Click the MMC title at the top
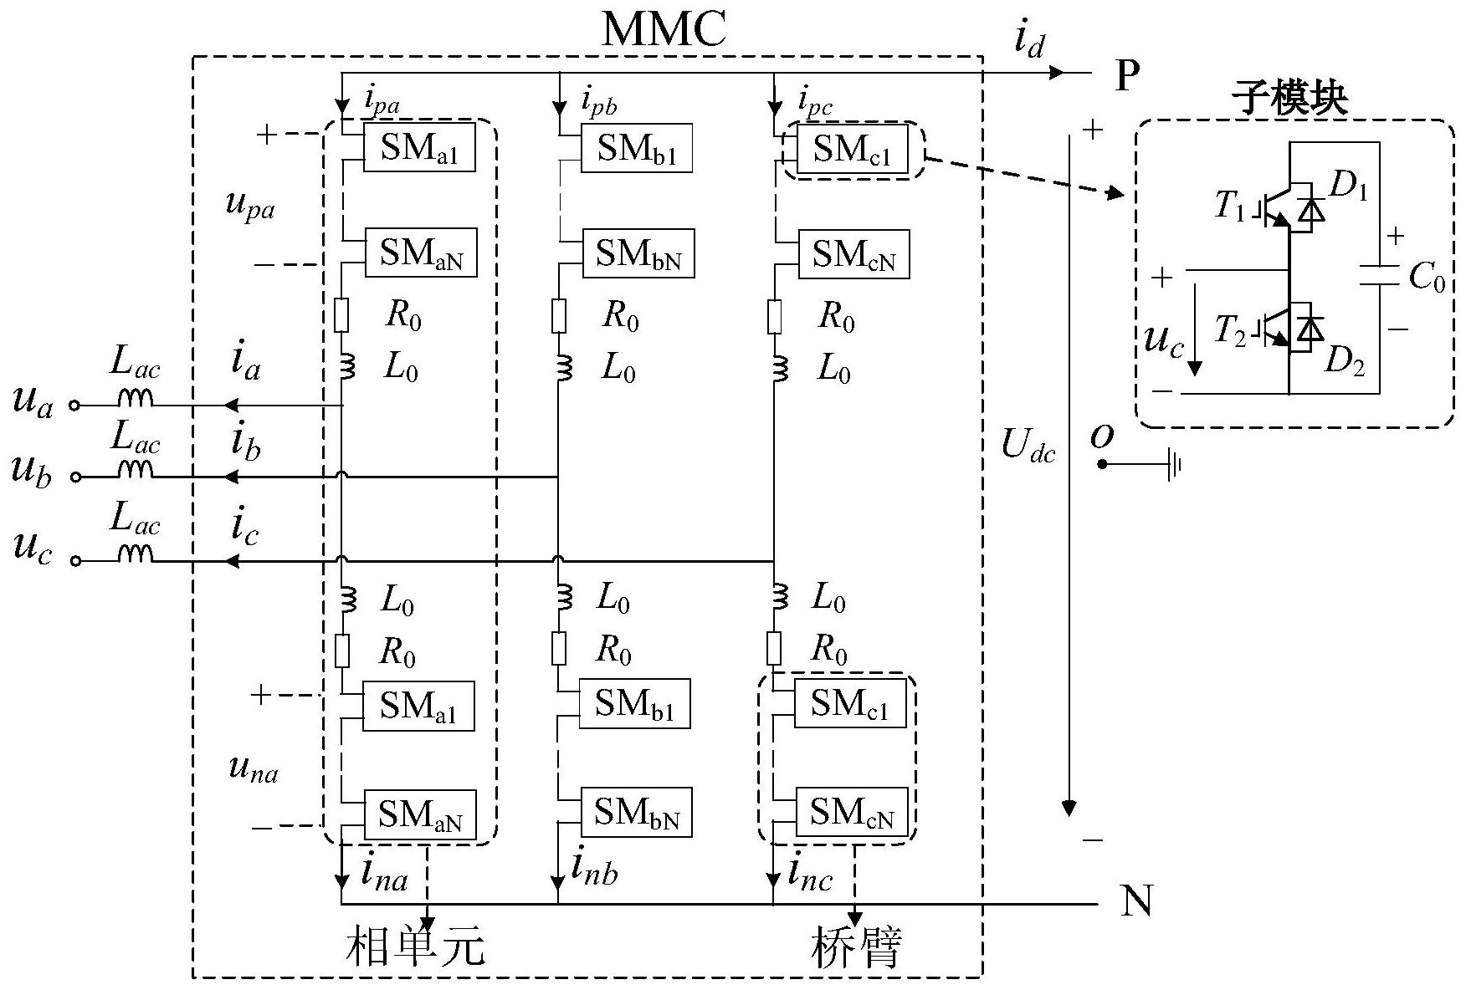point(664,30)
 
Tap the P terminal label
point(1127,76)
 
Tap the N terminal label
point(1135,902)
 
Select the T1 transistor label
point(1230,206)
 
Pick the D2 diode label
point(1344,360)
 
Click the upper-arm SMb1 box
point(637,149)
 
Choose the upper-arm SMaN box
point(420,253)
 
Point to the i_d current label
point(1028,40)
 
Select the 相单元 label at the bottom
point(415,947)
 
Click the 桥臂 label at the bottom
point(856,947)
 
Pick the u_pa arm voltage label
point(249,205)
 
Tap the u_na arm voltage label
point(253,768)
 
